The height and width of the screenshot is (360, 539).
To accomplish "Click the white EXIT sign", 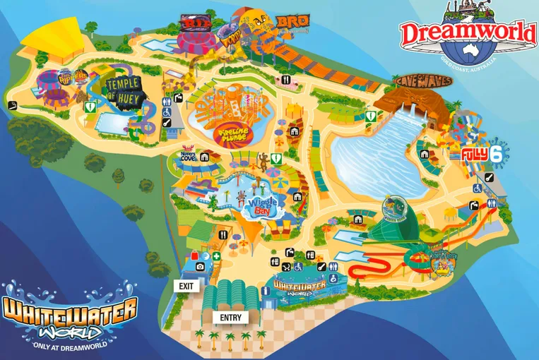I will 186,286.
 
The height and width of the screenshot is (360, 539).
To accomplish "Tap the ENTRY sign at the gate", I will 230,318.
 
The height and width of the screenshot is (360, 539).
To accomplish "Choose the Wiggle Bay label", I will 256,205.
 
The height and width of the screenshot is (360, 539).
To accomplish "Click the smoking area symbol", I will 13,105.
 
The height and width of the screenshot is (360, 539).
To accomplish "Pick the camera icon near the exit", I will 200,266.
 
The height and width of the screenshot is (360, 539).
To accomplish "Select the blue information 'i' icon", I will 205,256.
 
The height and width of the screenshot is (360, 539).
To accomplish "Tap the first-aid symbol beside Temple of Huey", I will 90,107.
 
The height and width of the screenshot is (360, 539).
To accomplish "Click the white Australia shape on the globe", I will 466,52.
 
